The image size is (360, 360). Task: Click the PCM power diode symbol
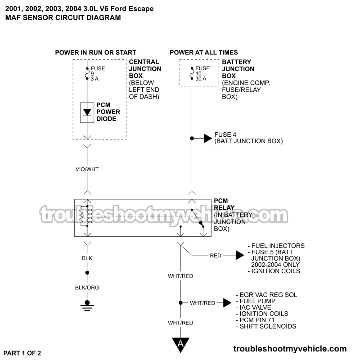pyautogui.click(x=87, y=112)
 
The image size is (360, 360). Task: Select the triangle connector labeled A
pyautogui.click(x=181, y=344)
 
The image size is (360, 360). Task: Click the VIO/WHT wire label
pyautogui.click(x=87, y=169)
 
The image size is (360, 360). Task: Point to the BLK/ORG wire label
pyautogui.click(x=87, y=287)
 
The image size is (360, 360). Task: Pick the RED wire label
pyautogui.click(x=216, y=256)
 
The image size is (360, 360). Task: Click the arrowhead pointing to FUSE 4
pyautogui.click(x=207, y=138)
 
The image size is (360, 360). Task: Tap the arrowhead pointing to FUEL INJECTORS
pyautogui.click(x=239, y=256)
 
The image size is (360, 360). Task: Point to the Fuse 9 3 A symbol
pyautogui.click(x=87, y=73)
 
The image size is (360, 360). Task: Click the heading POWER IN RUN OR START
pyautogui.click(x=95, y=53)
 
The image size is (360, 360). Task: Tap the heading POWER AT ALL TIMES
pyautogui.click(x=204, y=53)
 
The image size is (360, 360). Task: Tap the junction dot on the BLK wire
pyautogui.click(x=87, y=273)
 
